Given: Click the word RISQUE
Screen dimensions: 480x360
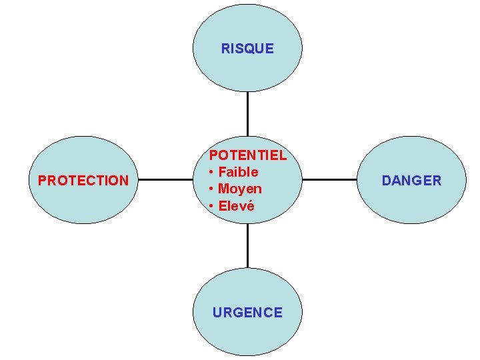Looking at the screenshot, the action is [247, 49].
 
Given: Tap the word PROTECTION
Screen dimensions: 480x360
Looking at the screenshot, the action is [83, 180].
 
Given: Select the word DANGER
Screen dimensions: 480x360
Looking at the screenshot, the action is [411, 180].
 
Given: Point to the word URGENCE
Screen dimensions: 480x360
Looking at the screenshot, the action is [247, 312].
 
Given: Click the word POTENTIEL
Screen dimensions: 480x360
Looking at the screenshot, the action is [248, 155].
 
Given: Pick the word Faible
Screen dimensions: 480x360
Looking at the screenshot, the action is [238, 172].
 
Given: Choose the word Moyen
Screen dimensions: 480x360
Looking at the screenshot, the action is [240, 189].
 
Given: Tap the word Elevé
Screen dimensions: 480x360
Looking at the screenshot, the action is [237, 205].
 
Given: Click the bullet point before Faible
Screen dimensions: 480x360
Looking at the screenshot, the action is [211, 172].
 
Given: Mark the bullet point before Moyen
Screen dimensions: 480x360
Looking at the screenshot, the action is [211, 189].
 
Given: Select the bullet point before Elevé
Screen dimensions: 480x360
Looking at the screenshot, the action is [211, 205].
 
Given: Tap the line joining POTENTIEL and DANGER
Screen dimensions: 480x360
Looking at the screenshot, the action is [329, 179].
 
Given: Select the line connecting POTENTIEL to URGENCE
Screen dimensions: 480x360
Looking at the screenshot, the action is [247, 245].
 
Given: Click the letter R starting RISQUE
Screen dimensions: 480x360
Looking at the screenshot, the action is [225, 49].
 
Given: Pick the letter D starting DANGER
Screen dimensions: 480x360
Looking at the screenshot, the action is [386, 180].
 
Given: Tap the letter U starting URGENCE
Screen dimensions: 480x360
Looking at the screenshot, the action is [217, 312].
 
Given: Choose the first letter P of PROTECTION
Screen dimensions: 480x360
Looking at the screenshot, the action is [42, 180].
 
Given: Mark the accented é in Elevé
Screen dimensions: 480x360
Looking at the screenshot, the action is [250, 205].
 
